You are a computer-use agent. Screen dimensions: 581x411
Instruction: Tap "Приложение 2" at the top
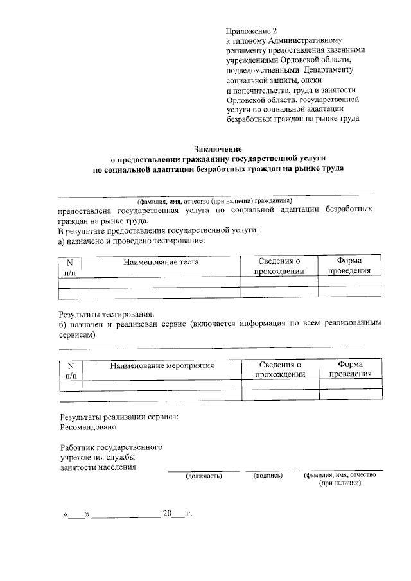[254, 31]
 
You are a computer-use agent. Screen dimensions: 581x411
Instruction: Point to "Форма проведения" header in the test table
[349, 266]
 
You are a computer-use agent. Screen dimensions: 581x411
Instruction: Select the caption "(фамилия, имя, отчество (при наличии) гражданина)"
[214, 200]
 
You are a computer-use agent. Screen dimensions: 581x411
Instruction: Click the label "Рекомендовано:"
[89, 426]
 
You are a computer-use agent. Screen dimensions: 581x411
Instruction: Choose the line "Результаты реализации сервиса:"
[119, 416]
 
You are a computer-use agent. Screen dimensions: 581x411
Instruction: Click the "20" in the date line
[168, 514]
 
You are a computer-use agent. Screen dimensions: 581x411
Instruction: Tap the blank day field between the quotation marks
[76, 515]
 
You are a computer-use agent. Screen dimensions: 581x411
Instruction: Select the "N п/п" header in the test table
[70, 267]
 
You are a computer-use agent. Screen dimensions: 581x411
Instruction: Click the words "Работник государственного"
[110, 447]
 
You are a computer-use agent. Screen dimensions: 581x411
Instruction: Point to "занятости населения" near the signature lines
[98, 467]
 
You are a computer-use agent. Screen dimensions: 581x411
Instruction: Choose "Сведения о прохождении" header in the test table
[279, 266]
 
